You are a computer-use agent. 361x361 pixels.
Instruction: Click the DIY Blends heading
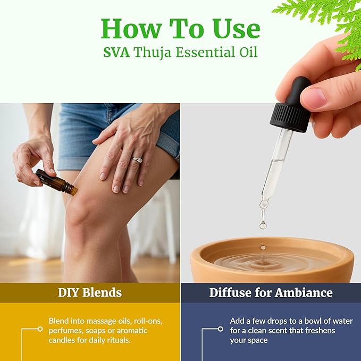[90, 292]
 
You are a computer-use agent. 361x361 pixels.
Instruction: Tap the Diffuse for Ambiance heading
[271, 292]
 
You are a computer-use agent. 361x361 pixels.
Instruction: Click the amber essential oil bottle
[56, 181]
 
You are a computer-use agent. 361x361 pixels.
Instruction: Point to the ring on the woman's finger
[137, 159]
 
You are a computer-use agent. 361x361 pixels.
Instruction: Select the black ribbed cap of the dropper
[289, 117]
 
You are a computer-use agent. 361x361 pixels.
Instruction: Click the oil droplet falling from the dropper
[263, 225]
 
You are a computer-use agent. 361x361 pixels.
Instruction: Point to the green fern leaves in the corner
[330, 16]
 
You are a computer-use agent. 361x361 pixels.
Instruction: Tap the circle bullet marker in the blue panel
[220, 329]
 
